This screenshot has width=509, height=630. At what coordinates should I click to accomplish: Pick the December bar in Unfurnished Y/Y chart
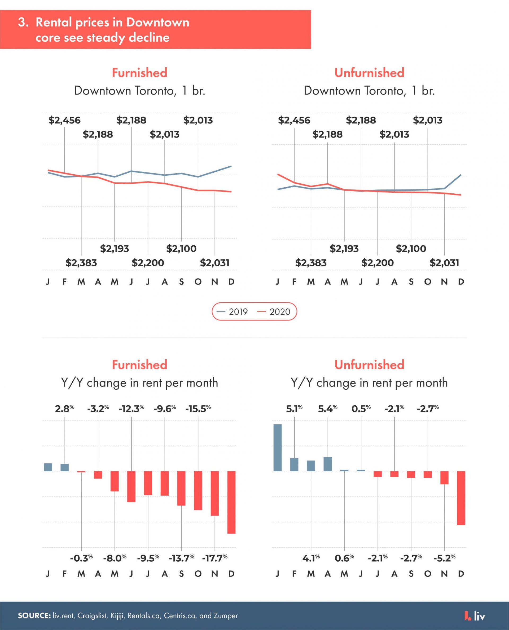461,498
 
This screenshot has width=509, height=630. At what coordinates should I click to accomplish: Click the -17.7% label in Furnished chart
215,558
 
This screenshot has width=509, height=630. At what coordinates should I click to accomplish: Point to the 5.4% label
327,409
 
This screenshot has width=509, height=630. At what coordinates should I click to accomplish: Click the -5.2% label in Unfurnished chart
445,558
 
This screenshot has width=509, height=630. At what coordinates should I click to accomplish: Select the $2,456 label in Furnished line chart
64,121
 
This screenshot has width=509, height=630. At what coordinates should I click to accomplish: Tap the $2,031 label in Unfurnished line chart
444,263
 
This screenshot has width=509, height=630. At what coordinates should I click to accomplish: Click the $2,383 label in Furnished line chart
81,263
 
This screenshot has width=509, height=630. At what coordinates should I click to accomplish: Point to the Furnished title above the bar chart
139,365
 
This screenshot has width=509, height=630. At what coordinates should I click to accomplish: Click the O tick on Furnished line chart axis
198,282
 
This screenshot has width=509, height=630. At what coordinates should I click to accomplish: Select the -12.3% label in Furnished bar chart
131,409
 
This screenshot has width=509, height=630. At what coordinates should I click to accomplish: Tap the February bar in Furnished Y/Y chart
64,467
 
